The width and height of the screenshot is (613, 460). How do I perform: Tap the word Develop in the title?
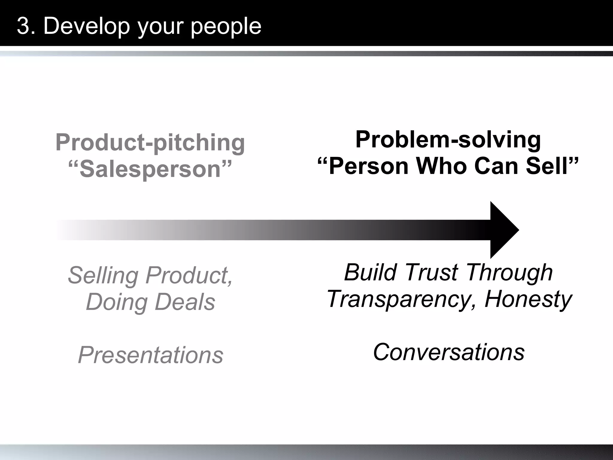[x=87, y=26]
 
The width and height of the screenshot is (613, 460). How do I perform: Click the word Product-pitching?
[x=150, y=143]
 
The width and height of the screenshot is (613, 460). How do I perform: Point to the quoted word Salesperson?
[x=150, y=169]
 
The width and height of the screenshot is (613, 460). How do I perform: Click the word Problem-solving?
[x=448, y=140]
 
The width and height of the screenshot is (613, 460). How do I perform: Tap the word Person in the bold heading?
[x=368, y=166]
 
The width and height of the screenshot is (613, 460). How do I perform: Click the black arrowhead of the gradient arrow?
[x=503, y=230]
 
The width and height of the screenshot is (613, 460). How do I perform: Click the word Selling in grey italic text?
[x=103, y=276]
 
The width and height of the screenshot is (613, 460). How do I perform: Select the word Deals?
[x=185, y=302]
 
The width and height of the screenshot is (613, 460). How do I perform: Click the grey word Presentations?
[x=151, y=355]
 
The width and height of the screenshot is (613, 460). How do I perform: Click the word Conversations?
[x=448, y=352]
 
